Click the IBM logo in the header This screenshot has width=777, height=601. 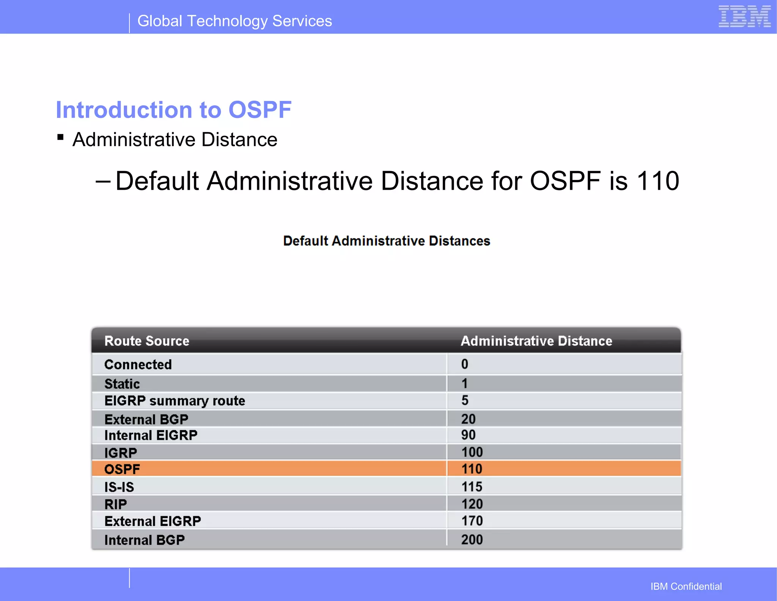(x=744, y=17)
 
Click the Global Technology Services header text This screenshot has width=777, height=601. (x=234, y=21)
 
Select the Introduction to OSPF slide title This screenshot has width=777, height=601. (x=173, y=110)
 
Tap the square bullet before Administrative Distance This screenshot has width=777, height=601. (x=60, y=137)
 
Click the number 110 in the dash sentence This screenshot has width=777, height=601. (x=657, y=181)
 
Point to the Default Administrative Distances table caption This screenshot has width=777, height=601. (x=387, y=241)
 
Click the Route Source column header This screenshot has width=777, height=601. (x=147, y=341)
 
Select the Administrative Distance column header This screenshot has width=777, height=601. (x=536, y=341)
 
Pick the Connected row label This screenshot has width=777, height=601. (x=138, y=364)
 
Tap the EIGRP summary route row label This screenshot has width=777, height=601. (x=175, y=401)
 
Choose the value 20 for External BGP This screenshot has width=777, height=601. (x=469, y=419)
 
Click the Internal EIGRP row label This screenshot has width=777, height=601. (x=151, y=435)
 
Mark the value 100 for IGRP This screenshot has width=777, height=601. (x=472, y=452)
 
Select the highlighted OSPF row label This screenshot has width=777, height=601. (x=122, y=469)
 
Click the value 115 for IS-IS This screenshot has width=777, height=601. (x=472, y=486)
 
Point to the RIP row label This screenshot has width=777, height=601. (x=116, y=504)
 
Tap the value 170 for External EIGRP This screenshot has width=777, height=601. (x=472, y=521)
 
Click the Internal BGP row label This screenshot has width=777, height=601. (x=145, y=540)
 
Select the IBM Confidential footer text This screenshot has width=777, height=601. (x=686, y=586)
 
